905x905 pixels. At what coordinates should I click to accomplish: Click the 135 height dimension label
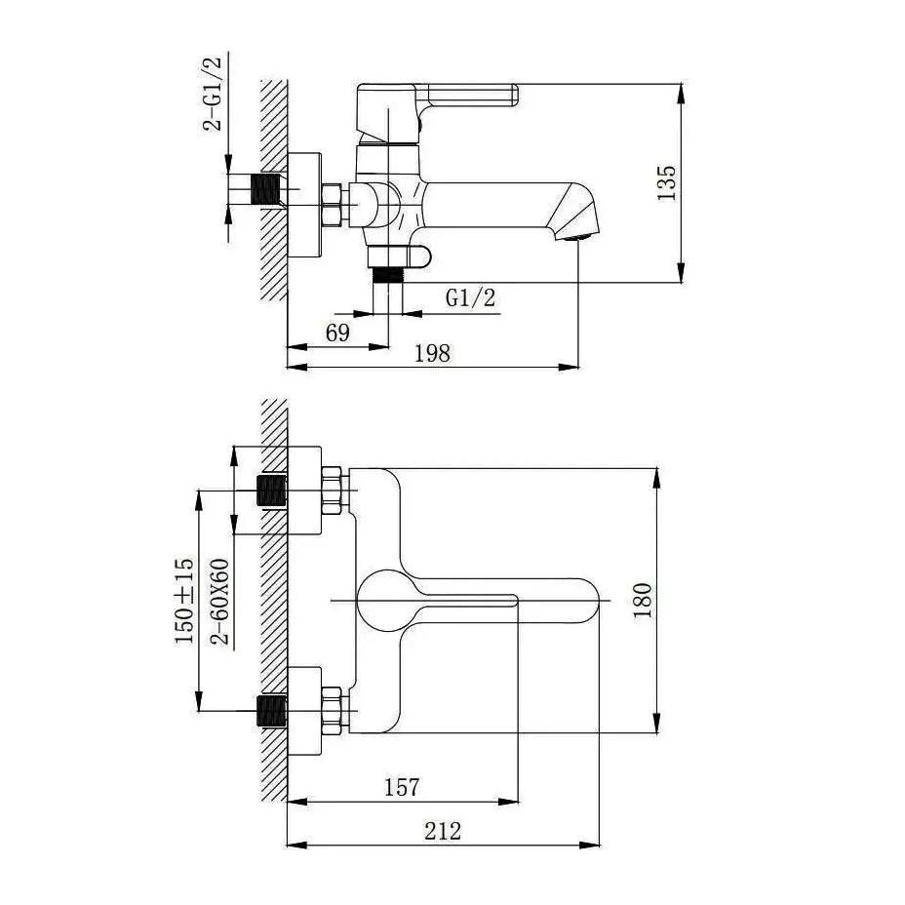667,182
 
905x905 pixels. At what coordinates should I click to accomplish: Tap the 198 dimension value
432,353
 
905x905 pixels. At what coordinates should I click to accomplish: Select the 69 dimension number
337,333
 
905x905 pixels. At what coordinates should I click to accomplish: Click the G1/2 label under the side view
470,297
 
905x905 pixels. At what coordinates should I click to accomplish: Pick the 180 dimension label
643,601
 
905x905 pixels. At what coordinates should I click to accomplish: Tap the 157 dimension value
403,787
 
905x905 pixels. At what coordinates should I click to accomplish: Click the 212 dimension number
443,831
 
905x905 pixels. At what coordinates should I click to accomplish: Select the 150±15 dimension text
184,601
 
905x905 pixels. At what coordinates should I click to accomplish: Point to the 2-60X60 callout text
219,601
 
